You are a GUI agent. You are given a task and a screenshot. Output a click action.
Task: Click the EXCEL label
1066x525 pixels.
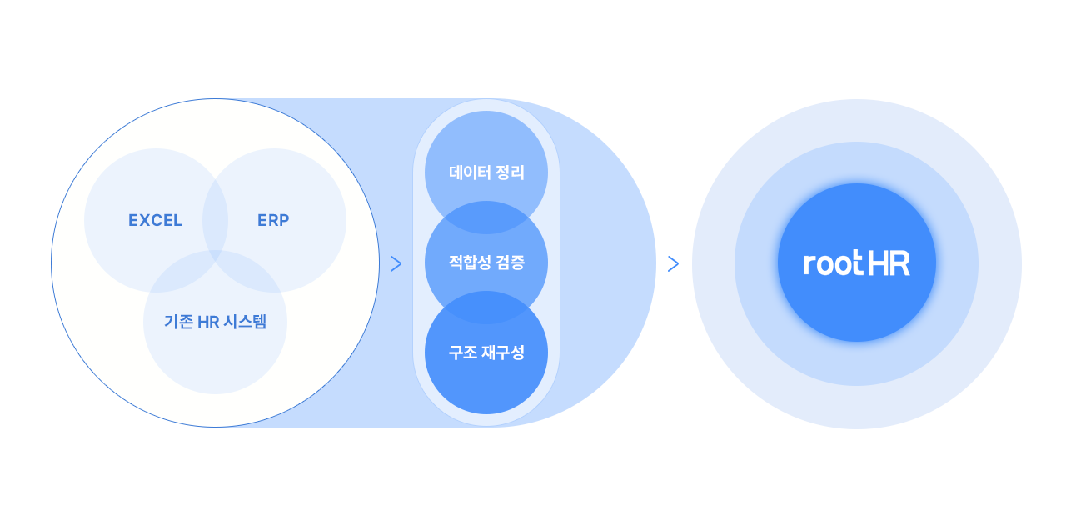point(155,221)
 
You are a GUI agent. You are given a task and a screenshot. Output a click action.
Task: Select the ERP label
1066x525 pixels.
point(273,221)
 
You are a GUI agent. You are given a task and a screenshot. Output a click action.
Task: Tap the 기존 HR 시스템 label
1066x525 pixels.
point(215,322)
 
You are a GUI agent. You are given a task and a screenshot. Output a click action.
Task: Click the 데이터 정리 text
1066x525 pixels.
point(486,173)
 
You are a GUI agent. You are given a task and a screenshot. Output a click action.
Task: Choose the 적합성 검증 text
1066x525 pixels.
point(486,263)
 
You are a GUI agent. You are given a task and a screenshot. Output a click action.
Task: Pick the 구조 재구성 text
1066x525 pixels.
point(486,352)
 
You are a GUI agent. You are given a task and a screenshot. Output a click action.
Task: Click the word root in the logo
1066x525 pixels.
point(833,263)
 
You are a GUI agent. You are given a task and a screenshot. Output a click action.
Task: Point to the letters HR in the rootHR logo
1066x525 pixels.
point(889,263)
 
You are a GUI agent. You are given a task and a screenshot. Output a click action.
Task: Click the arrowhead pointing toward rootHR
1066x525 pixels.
point(674,263)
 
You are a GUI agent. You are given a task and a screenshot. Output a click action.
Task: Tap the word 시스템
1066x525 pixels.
point(244,322)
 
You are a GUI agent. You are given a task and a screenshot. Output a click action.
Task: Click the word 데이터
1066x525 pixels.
point(469,173)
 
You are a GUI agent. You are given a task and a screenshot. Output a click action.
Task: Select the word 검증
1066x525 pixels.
point(510,263)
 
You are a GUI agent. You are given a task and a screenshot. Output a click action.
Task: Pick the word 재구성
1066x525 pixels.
point(502,352)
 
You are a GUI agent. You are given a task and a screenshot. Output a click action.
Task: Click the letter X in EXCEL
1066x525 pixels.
point(144,221)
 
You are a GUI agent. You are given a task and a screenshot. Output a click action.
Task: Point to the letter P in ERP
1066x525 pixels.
point(284,221)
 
